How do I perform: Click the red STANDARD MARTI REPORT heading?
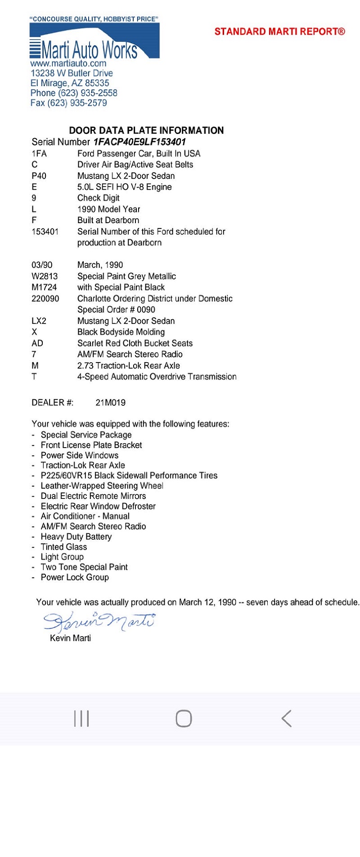click(x=279, y=31)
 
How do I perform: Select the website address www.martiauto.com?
click(x=68, y=63)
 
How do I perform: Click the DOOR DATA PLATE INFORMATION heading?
click(x=146, y=130)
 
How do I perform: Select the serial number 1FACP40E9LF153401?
click(x=139, y=142)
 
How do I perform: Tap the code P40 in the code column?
click(x=39, y=176)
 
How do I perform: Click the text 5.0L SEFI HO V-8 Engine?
click(x=124, y=187)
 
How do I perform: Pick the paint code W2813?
click(x=45, y=276)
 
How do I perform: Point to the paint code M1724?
click(x=44, y=287)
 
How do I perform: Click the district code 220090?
click(x=45, y=299)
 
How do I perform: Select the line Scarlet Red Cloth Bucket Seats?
click(x=135, y=343)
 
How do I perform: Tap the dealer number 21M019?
click(x=110, y=403)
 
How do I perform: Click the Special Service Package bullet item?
click(x=86, y=435)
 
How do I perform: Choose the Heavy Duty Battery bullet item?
click(x=76, y=537)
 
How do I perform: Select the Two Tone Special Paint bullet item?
click(x=84, y=567)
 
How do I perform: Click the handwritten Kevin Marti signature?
click(x=99, y=622)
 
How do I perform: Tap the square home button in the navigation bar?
click(x=184, y=718)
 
